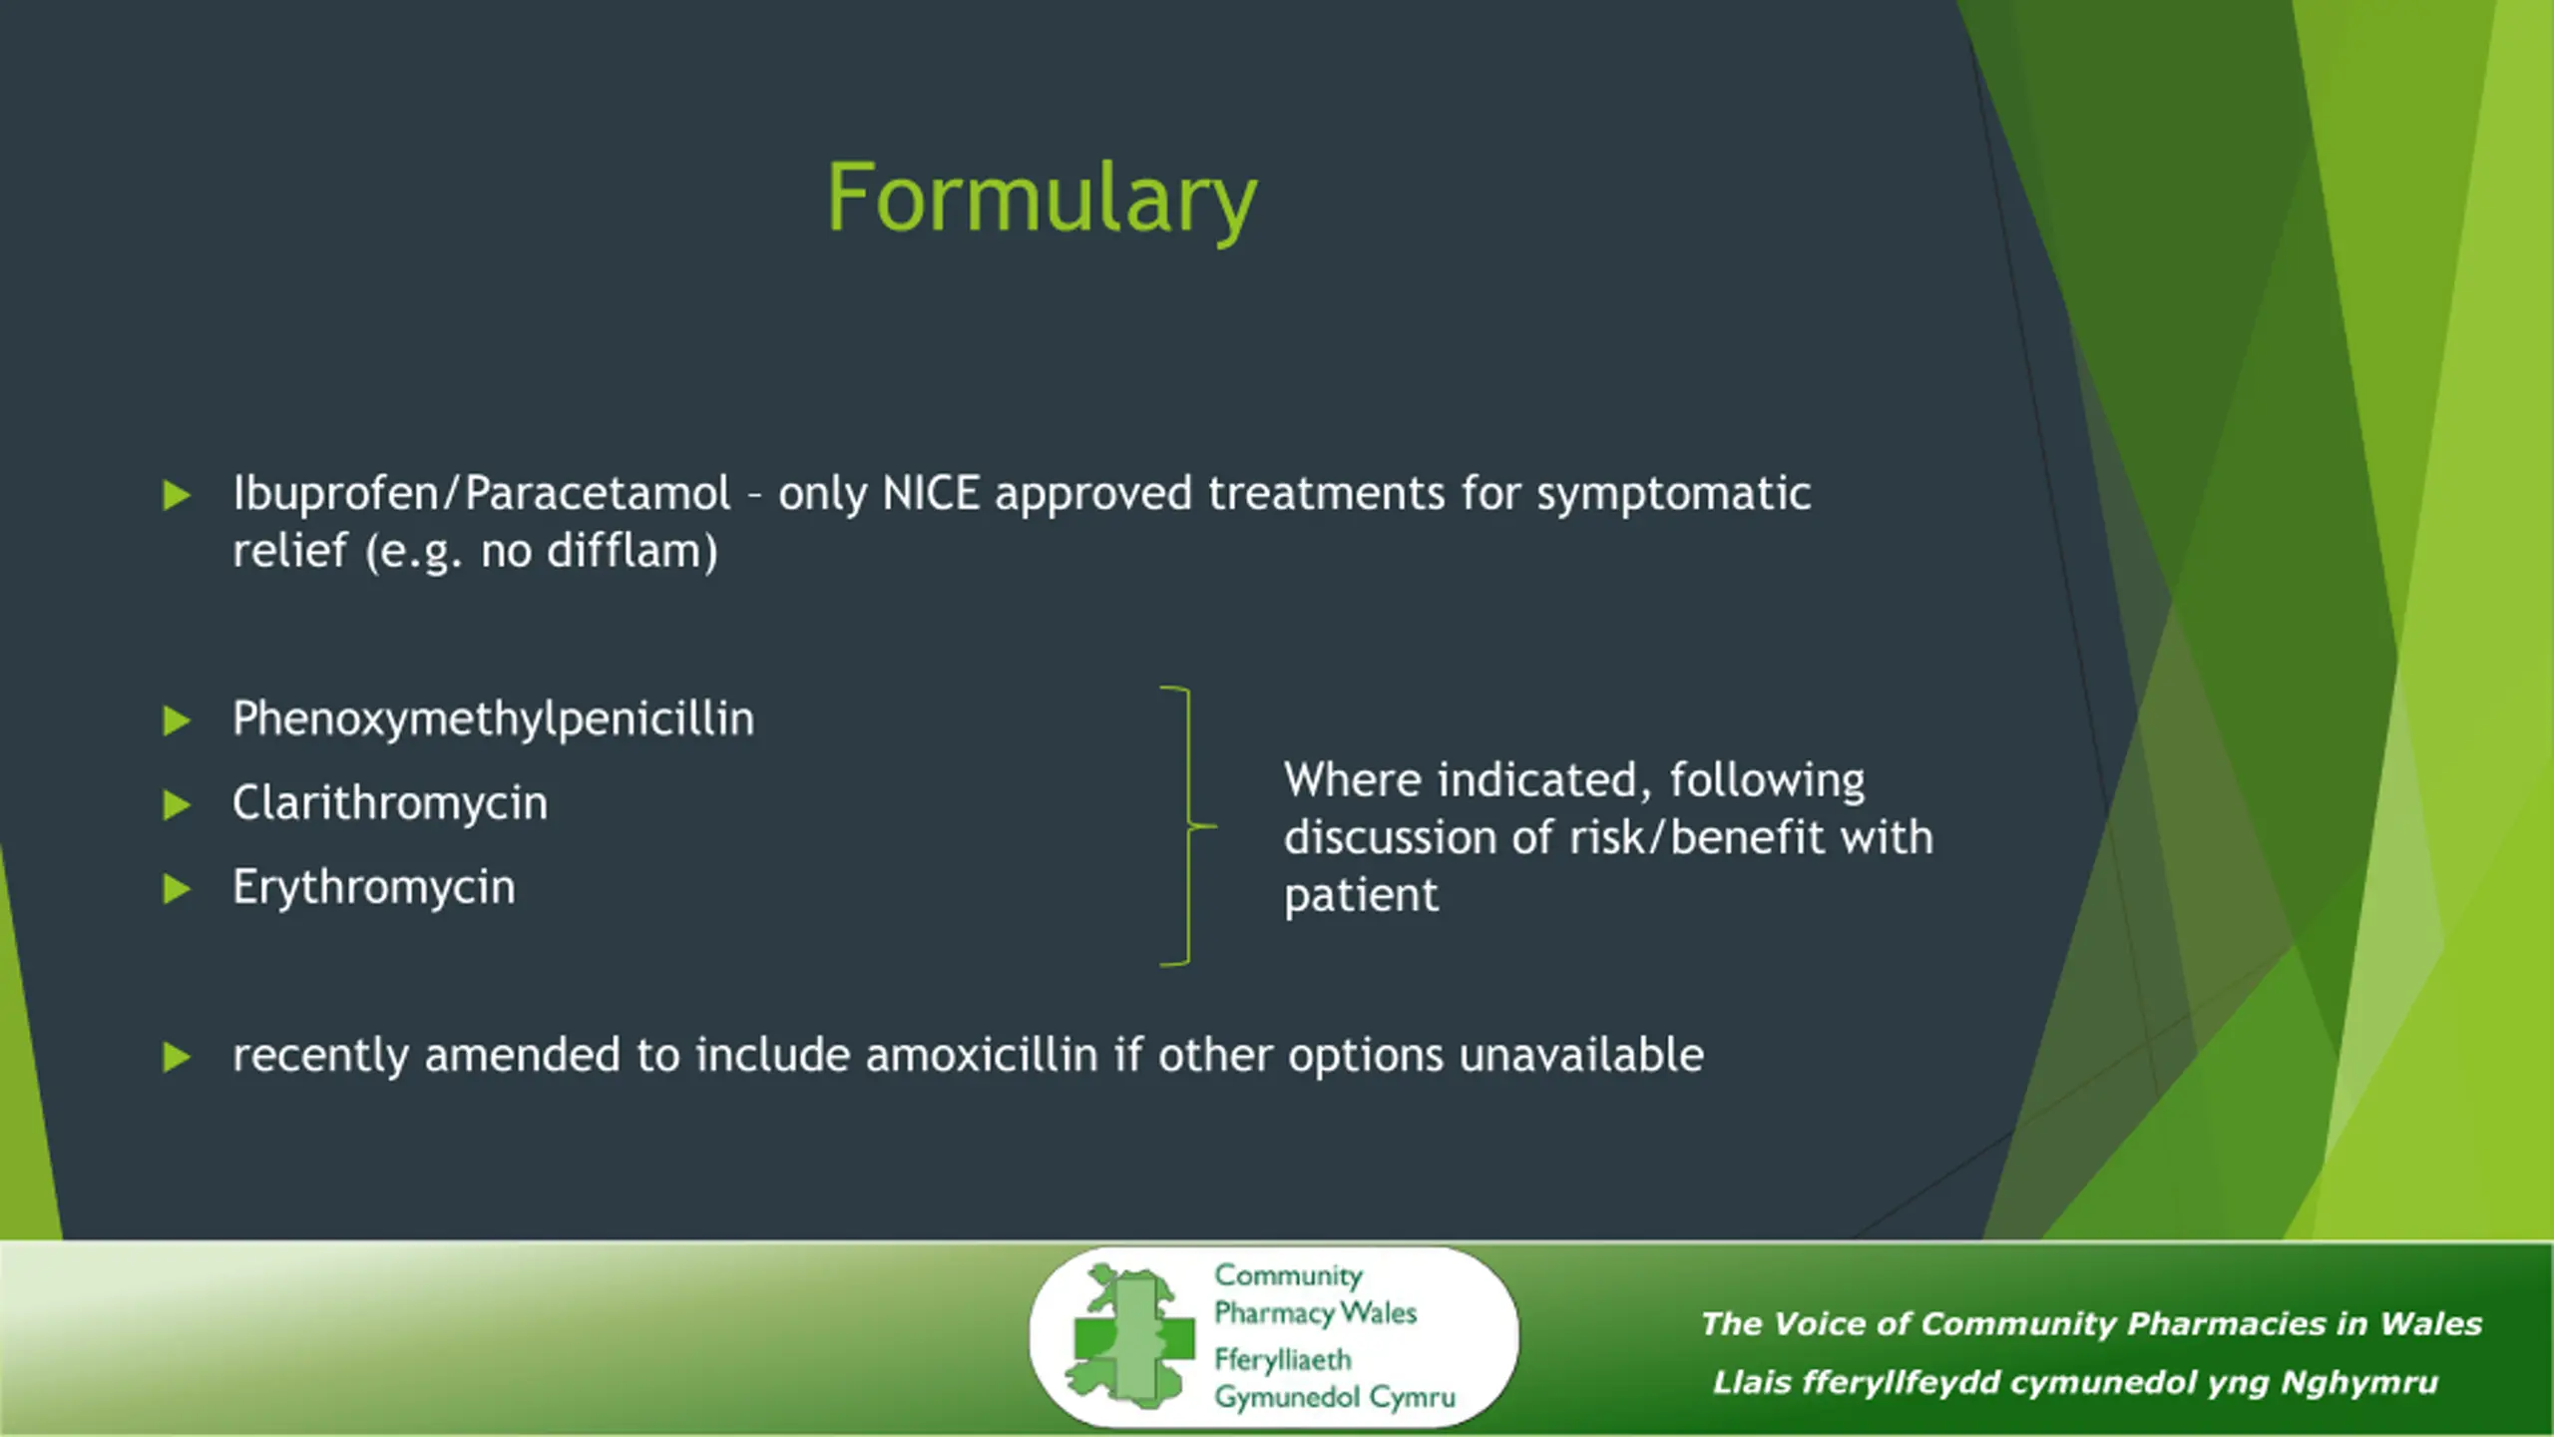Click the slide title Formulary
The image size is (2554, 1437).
[1042, 201]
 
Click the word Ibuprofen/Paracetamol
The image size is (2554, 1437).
[482, 494]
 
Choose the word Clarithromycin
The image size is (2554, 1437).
[390, 803]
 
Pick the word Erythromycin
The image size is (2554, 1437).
[374, 888]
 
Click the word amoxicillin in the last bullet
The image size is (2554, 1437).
[982, 1055]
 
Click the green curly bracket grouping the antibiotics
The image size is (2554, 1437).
[1189, 826]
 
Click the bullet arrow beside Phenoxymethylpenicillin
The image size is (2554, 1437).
[177, 720]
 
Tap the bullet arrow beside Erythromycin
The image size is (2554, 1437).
[177, 888]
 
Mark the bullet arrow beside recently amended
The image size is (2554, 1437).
[177, 1057]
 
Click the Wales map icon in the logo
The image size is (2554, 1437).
[1128, 1336]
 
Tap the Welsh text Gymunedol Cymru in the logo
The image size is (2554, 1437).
[1334, 1398]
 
